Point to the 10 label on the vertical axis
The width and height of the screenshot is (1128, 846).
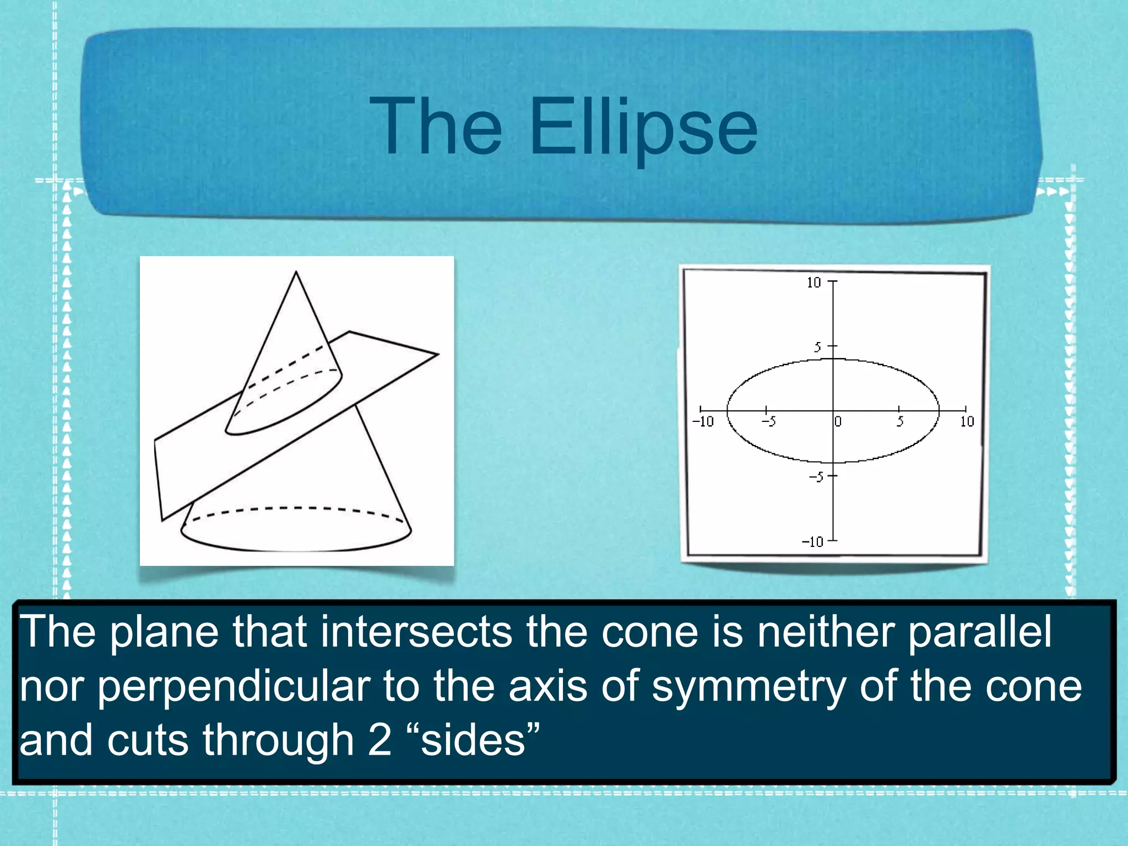click(x=814, y=283)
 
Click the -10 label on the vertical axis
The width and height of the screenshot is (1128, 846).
click(x=812, y=542)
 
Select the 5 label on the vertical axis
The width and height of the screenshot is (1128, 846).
click(x=818, y=347)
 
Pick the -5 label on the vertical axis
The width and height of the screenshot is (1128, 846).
click(x=816, y=477)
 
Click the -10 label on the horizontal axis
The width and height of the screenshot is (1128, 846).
click(x=703, y=422)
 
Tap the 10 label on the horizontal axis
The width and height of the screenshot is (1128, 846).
click(x=967, y=422)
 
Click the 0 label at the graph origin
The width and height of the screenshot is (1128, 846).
click(x=838, y=422)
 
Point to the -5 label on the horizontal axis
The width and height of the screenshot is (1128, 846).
click(x=769, y=422)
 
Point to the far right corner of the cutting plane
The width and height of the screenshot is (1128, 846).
click(x=438, y=355)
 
